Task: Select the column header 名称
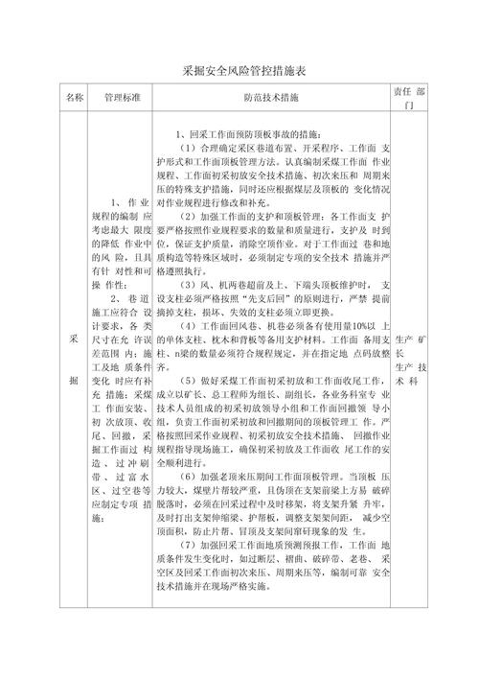[x=75, y=98]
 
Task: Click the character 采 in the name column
[x=75, y=343]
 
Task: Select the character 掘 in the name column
[x=75, y=381]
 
